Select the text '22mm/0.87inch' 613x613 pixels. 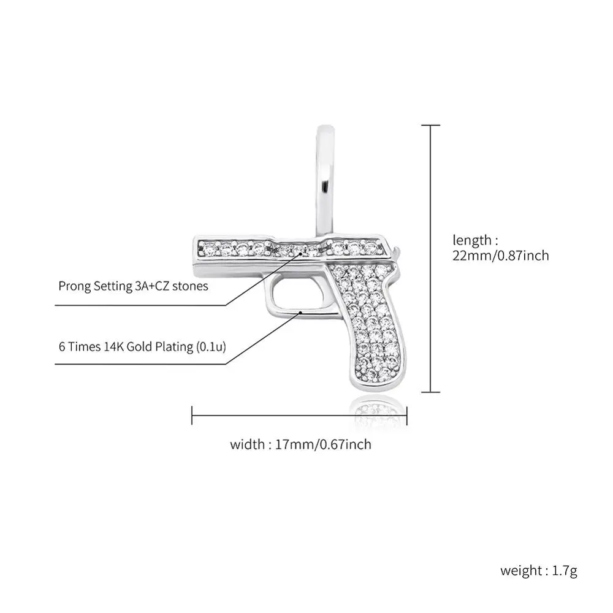pyautogui.click(x=500, y=256)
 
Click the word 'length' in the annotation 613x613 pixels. pyautogui.click(x=471, y=240)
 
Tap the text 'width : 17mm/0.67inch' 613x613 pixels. pyautogui.click(x=300, y=444)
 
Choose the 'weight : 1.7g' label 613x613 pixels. pyautogui.click(x=539, y=571)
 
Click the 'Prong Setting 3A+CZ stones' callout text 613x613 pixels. pyautogui.click(x=134, y=286)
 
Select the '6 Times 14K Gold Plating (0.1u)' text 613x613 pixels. pyautogui.click(x=142, y=347)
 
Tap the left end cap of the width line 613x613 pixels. pyautogui.click(x=192, y=415)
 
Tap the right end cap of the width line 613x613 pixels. pyautogui.click(x=406, y=415)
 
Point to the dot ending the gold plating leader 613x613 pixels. pyautogui.click(x=301, y=312)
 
